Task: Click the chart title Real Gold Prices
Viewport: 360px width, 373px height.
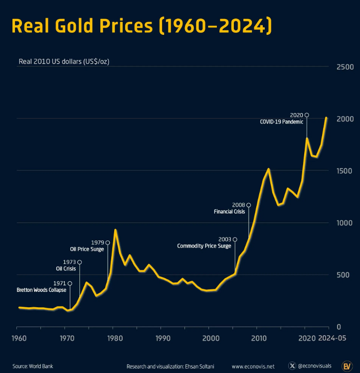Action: tap(142, 26)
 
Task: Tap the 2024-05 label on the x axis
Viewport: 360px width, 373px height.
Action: tap(332, 338)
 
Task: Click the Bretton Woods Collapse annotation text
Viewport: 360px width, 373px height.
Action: tap(41, 290)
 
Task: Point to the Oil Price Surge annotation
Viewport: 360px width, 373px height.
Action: tap(87, 249)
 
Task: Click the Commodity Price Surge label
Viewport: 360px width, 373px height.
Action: tap(204, 246)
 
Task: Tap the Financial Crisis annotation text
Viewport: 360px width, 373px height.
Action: tap(229, 211)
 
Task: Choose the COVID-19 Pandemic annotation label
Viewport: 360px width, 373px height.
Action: tap(281, 122)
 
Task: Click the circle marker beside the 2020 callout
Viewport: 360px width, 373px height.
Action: tap(307, 115)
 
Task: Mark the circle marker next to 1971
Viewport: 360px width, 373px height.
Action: tap(70, 283)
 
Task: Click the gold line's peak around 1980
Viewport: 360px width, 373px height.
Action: tap(115, 230)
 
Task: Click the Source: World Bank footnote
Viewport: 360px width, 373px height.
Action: tap(33, 367)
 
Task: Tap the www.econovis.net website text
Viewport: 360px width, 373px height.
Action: tap(253, 367)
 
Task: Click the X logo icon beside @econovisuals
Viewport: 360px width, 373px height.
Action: tap(293, 366)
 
